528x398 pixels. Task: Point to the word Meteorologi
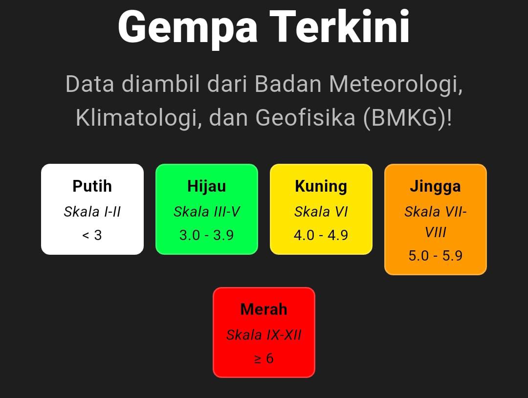pyautogui.click(x=396, y=84)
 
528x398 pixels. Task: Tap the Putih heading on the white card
pyautogui.click(x=92, y=186)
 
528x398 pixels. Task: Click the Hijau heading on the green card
pyautogui.click(x=207, y=187)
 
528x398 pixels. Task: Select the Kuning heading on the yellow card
pyautogui.click(x=321, y=187)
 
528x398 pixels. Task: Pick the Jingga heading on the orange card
pyautogui.click(x=436, y=187)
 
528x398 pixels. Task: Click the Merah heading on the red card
pyautogui.click(x=264, y=310)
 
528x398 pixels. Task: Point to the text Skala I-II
pyautogui.click(x=92, y=212)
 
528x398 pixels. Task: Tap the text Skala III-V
pyautogui.click(x=207, y=212)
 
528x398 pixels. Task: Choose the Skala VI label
pyautogui.click(x=321, y=212)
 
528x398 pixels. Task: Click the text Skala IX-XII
pyautogui.click(x=264, y=335)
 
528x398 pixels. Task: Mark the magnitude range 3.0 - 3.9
pyautogui.click(x=207, y=235)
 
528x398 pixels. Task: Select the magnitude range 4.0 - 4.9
pyautogui.click(x=321, y=235)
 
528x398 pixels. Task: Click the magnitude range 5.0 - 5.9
pyautogui.click(x=436, y=256)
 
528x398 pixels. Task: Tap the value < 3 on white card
pyautogui.click(x=92, y=235)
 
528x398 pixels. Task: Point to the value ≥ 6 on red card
pyautogui.click(x=264, y=358)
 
